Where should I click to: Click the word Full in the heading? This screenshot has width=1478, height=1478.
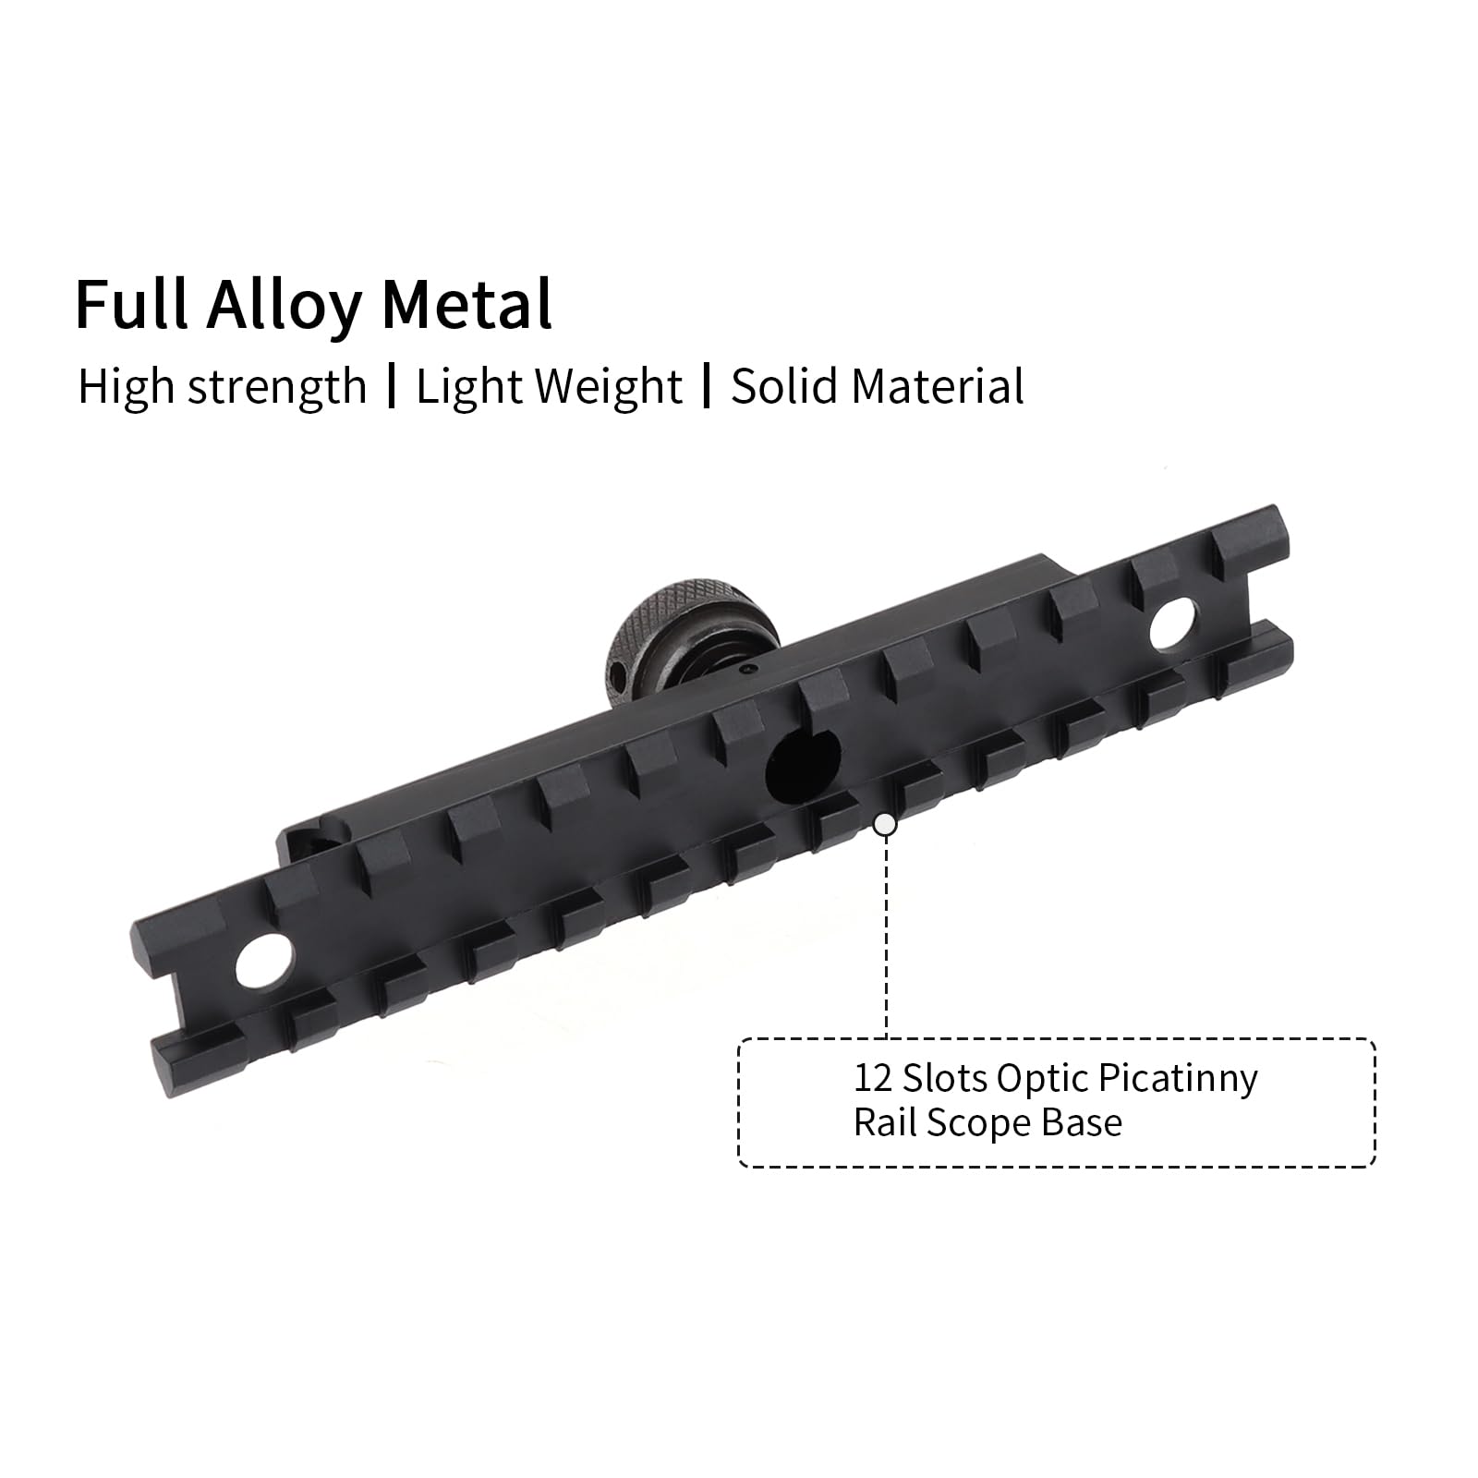pos(132,304)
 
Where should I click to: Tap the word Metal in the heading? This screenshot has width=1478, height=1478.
pos(467,304)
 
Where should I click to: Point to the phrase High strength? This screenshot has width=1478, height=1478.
pos(222,387)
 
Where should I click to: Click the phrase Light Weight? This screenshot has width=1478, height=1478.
pos(549,387)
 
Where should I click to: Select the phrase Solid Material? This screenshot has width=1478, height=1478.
pos(878,386)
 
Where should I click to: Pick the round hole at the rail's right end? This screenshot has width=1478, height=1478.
pos(1174,622)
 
